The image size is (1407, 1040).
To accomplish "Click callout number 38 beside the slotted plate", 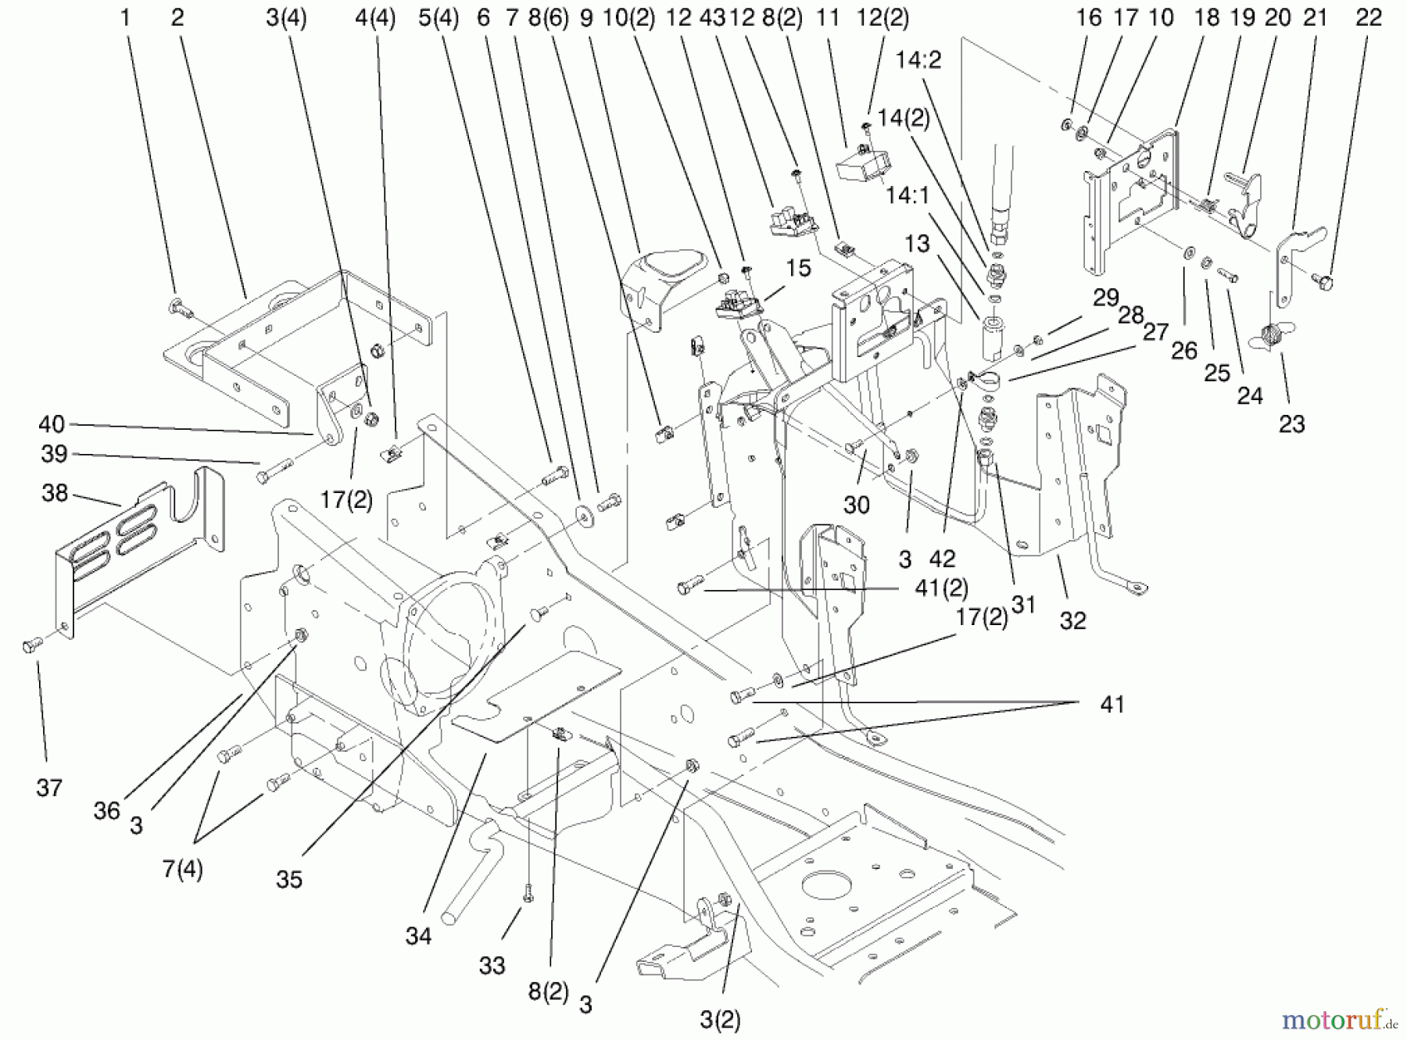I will point(55,493).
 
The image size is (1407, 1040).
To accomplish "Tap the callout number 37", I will point(48,788).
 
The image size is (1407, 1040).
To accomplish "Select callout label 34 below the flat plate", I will point(418,935).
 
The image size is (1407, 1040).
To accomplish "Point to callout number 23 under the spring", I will point(1291,424).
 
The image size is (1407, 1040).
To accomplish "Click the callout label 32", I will point(1072,620).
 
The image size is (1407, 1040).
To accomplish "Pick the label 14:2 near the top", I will point(918,60).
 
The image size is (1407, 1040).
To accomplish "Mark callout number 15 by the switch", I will point(798,268).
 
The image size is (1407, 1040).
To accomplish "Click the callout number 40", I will point(52,424).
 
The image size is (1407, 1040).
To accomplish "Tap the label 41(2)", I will point(941,588).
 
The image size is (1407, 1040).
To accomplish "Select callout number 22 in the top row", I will point(1368,18).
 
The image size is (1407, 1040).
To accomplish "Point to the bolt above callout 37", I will point(32,645).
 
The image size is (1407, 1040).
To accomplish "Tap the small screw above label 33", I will point(528,892).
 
